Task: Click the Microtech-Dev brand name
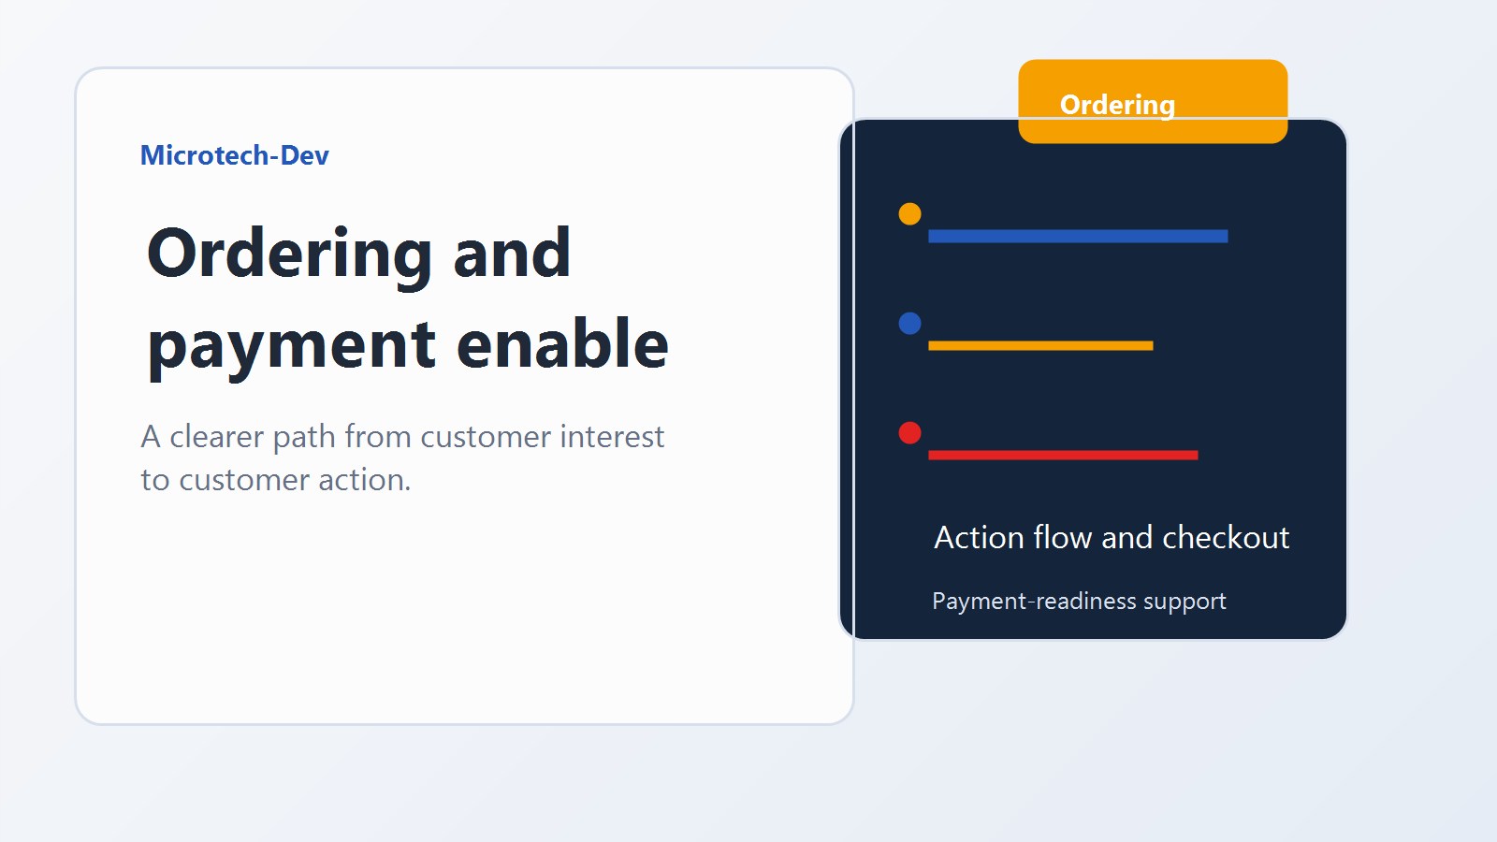point(234,155)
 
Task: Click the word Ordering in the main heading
point(288,254)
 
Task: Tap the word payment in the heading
point(291,346)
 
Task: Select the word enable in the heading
point(562,344)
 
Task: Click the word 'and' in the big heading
point(511,254)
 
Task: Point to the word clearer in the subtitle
point(216,437)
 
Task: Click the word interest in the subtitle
point(612,437)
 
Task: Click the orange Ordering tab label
point(1117,104)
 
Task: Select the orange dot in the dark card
point(909,213)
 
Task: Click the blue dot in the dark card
point(909,323)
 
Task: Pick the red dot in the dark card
point(909,432)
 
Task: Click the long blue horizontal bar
point(1078,236)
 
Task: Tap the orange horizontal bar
point(1040,345)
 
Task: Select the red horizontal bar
point(1063,455)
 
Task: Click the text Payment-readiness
point(1034,602)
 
